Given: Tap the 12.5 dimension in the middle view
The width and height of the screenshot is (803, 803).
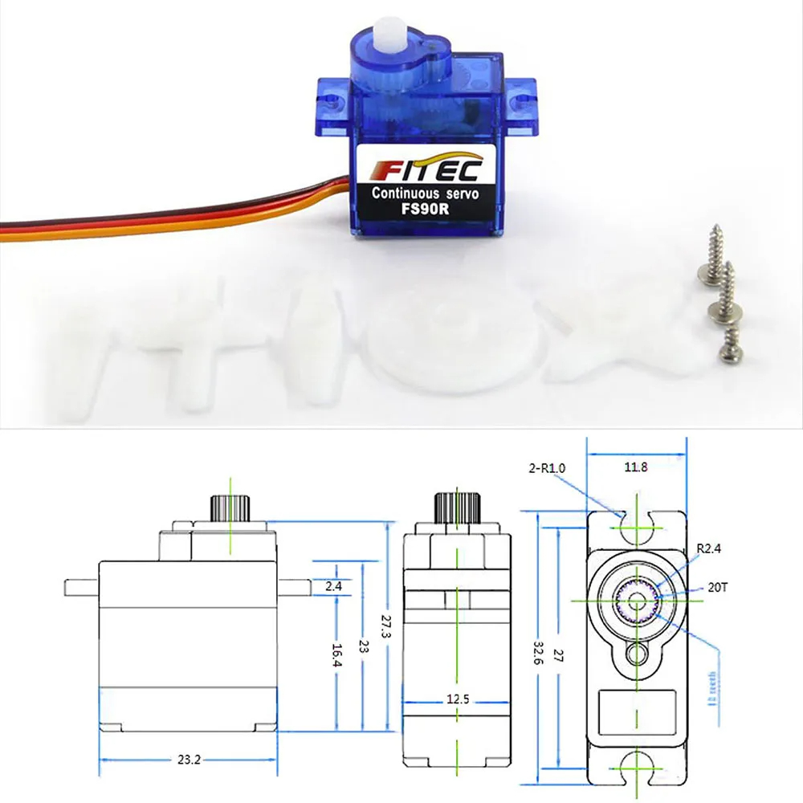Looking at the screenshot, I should tap(457, 699).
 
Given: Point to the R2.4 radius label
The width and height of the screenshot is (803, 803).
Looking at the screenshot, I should tap(709, 549).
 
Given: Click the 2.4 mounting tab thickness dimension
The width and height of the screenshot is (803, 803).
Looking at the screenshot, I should tap(333, 587).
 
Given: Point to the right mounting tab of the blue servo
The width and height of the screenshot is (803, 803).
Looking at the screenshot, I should tap(522, 93).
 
